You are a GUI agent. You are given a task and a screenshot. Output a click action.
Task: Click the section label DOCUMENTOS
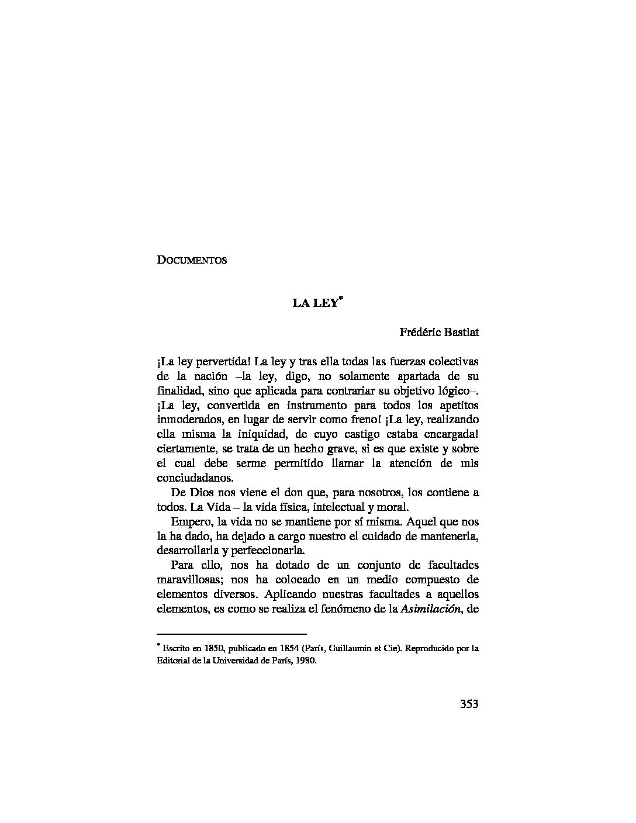click(x=192, y=260)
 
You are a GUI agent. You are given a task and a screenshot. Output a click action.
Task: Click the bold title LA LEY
click(x=315, y=303)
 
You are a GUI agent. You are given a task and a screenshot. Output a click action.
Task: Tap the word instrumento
click(x=311, y=406)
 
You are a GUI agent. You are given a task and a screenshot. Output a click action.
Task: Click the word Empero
click(x=191, y=521)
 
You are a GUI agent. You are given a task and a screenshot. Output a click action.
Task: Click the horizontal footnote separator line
click(x=232, y=634)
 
